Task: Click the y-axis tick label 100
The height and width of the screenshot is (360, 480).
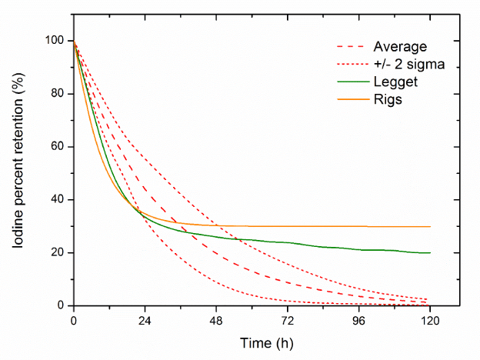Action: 56,41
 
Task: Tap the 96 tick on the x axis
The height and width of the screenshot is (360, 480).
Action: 359,318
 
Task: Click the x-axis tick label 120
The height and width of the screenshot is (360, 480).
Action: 431,318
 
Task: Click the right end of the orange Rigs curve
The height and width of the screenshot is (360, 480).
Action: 430,227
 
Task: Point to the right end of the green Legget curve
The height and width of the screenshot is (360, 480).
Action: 430,253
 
